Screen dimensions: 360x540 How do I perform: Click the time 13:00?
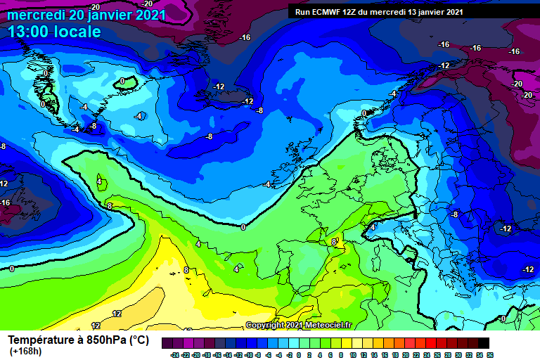[31, 32]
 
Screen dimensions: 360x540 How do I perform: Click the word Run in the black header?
[304, 12]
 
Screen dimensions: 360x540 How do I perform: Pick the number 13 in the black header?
[414, 12]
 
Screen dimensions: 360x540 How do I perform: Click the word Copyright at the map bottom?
[264, 325]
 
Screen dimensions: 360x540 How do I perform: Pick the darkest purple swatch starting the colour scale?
[167, 342]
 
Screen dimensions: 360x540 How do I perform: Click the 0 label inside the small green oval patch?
[122, 82]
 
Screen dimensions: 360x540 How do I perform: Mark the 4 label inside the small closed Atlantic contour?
[99, 181]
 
